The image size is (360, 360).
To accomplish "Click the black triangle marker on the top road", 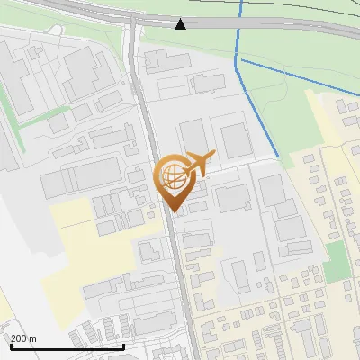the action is [x=181, y=23].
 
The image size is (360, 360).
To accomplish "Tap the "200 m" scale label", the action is [x=22, y=338].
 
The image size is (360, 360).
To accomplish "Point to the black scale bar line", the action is [x=67, y=346].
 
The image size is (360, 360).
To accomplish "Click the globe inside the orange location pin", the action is [x=172, y=177].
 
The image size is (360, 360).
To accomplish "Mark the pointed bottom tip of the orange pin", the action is [x=174, y=213].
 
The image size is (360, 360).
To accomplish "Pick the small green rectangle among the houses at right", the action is [x=336, y=260].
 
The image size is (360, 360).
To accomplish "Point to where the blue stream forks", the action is [x=238, y=60].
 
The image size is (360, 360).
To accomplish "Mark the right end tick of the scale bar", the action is [x=124, y=346].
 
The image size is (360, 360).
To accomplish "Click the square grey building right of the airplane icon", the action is [x=235, y=140].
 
